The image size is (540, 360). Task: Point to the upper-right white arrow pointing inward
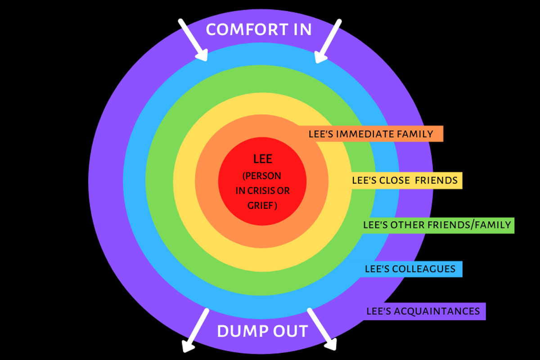[328, 41]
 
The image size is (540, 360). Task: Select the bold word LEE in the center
[263, 160]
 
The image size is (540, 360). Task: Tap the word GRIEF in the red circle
[260, 206]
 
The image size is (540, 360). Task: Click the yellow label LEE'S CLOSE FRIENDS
[405, 181]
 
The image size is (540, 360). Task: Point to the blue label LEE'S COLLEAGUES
[410, 269]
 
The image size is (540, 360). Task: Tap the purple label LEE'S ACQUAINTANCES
[423, 311]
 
